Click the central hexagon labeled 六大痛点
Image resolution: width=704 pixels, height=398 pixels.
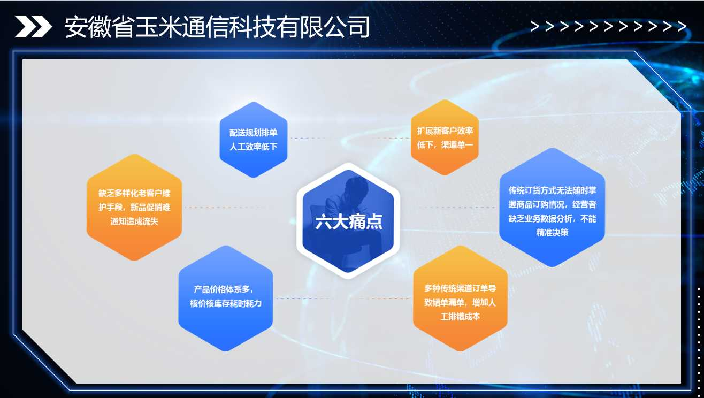pyautogui.click(x=348, y=221)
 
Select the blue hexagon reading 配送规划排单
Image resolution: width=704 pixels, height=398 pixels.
pyautogui.click(x=254, y=140)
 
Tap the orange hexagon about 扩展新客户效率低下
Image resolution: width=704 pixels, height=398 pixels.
pyautogui.click(x=445, y=137)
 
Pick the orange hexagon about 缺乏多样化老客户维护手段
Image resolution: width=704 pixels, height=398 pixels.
pyautogui.click(x=134, y=207)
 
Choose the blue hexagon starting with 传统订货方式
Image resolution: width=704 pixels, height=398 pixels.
pyautogui.click(x=552, y=208)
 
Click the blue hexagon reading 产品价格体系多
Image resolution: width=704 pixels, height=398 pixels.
pyautogui.click(x=226, y=298)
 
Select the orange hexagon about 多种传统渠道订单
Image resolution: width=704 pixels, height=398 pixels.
pyautogui.click(x=460, y=298)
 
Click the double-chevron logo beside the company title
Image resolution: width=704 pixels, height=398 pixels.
pyautogui.click(x=33, y=26)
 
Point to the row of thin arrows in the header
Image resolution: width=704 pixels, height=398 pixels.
pyautogui.click(x=608, y=26)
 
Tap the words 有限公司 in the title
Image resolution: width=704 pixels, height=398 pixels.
pyautogui.click(x=324, y=27)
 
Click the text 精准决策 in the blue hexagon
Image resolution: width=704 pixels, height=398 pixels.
pyautogui.click(x=552, y=233)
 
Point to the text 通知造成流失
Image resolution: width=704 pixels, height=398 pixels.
pyautogui.click(x=134, y=221)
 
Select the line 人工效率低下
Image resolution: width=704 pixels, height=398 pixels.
pyautogui.click(x=254, y=147)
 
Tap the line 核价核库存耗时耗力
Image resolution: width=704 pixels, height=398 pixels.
pyautogui.click(x=226, y=303)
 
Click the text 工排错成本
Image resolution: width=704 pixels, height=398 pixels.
pyautogui.click(x=460, y=317)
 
